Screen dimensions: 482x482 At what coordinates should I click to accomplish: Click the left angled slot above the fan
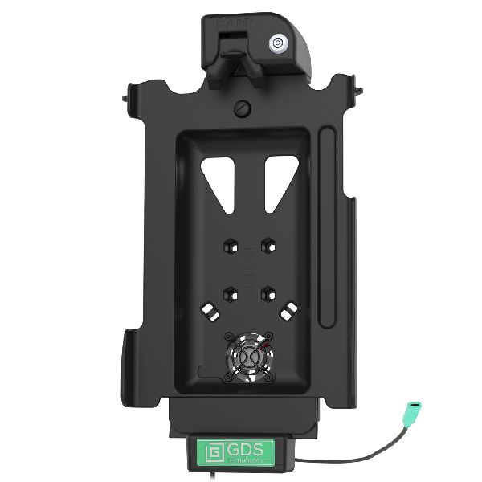[210, 309]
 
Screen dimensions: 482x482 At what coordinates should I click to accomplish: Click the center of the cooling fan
[248, 357]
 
